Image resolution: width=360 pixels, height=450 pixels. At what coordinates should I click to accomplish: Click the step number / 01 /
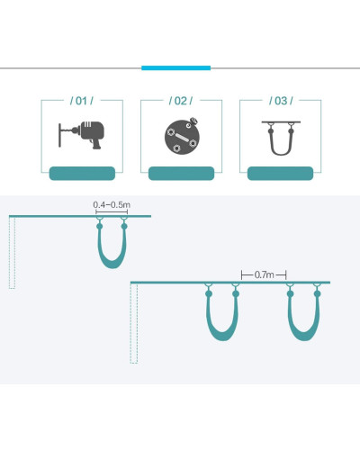point(82,101)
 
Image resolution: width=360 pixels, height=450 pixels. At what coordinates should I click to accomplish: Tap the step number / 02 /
point(181,101)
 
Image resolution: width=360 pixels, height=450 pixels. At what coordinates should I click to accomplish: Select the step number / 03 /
point(281,101)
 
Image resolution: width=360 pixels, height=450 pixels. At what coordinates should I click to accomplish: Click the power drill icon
point(82,135)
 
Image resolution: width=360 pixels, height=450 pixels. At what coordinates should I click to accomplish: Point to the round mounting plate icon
point(182,137)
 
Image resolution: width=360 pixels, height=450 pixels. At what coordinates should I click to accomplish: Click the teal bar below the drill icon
point(82,174)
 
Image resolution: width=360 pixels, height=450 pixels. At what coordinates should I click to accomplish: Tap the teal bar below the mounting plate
point(181,174)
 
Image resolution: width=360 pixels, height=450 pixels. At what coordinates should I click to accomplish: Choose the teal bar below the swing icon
point(280,174)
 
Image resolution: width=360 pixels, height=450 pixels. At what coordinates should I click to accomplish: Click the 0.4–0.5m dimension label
point(112,205)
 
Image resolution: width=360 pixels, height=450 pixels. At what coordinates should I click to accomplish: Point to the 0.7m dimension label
point(264,274)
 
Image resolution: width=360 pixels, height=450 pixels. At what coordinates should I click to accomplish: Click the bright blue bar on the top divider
point(176,68)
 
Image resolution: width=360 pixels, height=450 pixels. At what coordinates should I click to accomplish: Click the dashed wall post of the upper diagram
point(12,253)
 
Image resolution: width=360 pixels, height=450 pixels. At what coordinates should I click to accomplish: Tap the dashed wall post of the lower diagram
point(134,323)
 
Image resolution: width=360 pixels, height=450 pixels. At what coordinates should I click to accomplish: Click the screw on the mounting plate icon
point(193,121)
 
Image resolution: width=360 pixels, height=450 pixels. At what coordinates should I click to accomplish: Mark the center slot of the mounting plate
point(182,137)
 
